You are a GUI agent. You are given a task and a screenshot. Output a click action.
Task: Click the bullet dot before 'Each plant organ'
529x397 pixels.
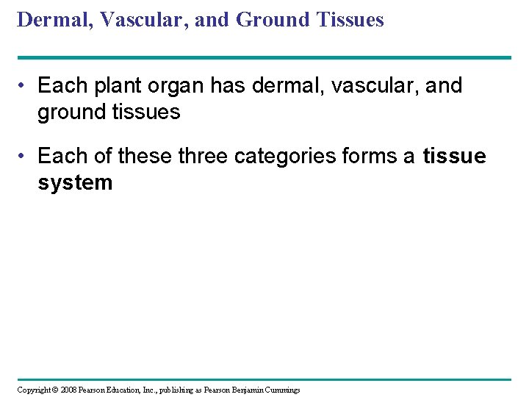(x=24, y=87)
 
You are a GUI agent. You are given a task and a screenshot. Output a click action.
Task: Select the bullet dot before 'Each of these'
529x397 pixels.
(x=24, y=157)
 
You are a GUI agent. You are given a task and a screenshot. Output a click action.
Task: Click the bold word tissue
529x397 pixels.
(x=454, y=156)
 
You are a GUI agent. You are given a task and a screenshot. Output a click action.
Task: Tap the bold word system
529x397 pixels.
(x=75, y=182)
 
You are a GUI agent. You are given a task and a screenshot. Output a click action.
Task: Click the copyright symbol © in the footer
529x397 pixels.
(x=54, y=390)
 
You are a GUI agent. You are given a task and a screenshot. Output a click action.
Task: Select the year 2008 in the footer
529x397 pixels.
(x=68, y=390)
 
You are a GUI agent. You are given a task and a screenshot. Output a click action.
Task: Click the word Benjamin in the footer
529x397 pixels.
(x=248, y=390)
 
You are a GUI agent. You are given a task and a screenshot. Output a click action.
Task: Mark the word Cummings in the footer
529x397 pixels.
(x=282, y=390)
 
